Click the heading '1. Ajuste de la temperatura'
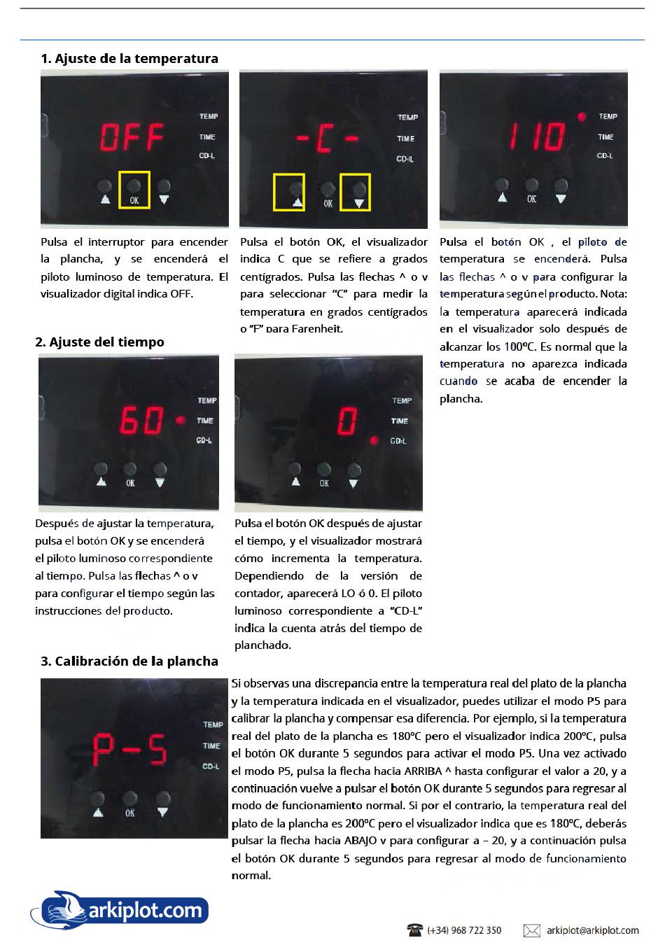click(x=129, y=59)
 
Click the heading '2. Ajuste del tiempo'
click(x=99, y=342)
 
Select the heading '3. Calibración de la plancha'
click(x=129, y=661)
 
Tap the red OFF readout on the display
click(x=132, y=137)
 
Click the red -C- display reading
click(x=328, y=139)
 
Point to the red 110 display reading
click(x=537, y=136)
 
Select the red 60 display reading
click(x=142, y=420)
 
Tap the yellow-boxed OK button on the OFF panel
click(x=134, y=190)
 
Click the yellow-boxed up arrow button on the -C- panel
click(x=289, y=192)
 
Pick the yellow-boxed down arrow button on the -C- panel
click(x=355, y=192)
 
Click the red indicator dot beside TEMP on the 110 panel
click(x=581, y=117)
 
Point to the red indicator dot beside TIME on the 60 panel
click(x=181, y=421)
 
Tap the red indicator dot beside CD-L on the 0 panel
click(x=374, y=440)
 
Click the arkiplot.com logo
click(x=120, y=909)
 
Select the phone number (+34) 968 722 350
click(x=464, y=930)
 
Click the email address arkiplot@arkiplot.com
click(x=592, y=930)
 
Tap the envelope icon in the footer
click(x=532, y=930)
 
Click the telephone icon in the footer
click(x=415, y=930)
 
